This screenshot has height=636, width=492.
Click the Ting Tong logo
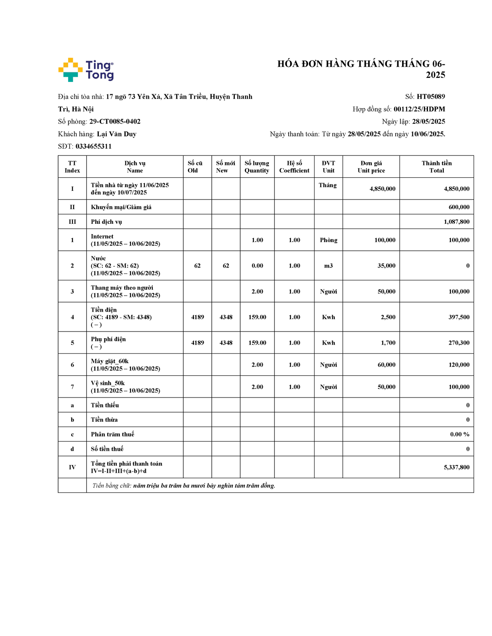[86, 70]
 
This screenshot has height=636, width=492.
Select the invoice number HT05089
[431, 97]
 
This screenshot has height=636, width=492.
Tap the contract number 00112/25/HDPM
[419, 109]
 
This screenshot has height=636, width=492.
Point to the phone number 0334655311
[94, 146]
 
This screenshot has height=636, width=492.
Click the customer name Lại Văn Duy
[117, 134]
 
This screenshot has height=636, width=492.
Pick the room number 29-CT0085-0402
[115, 122]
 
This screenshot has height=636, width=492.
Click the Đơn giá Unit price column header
[371, 167]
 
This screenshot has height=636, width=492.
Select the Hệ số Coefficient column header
[294, 167]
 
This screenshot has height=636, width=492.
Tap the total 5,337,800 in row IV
[457, 467]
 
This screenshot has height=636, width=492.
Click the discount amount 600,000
[459, 207]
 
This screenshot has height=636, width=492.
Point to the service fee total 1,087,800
[457, 222]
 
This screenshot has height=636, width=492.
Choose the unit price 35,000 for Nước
[386, 266]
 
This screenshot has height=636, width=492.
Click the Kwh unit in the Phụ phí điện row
[328, 343]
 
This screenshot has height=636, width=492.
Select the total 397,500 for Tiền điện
[459, 317]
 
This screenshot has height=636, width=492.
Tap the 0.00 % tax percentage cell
[460, 434]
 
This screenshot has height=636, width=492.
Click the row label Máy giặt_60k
[109, 361]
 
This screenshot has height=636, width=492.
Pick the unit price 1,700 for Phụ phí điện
[388, 343]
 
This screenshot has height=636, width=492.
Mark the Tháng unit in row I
[328, 185]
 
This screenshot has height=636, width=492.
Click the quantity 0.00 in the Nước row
[257, 266]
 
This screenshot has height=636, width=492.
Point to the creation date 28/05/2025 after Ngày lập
[428, 122]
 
